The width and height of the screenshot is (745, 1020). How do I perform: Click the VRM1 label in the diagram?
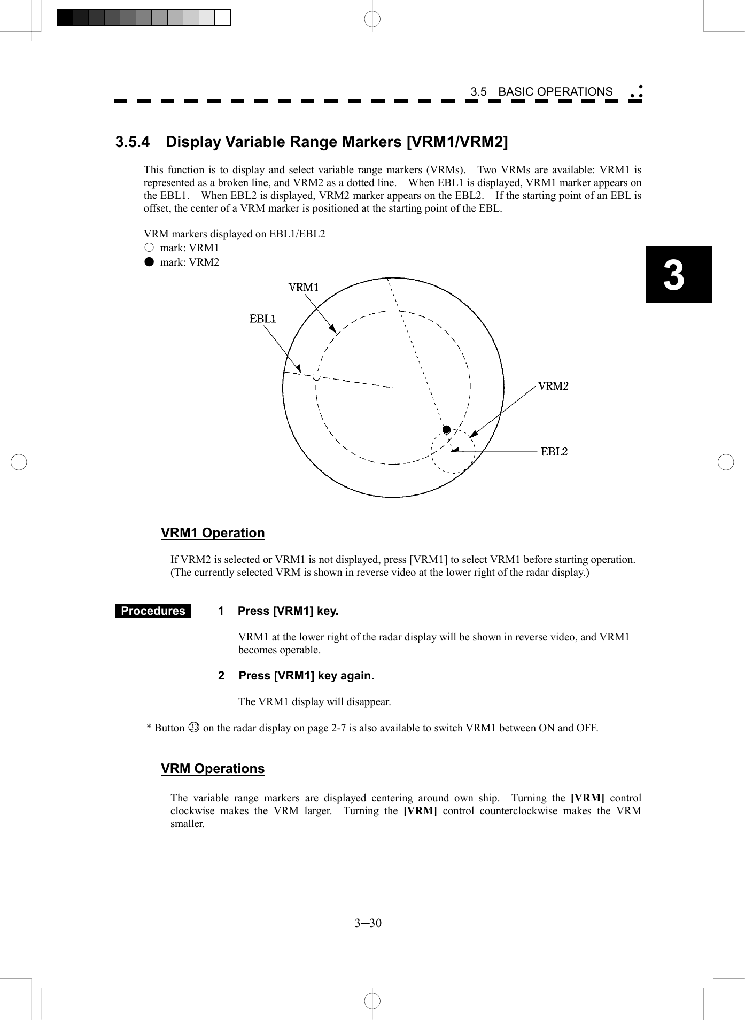click(304, 288)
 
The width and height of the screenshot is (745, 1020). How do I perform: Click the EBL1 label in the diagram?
click(262, 319)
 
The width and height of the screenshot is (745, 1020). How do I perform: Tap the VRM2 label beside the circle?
click(553, 386)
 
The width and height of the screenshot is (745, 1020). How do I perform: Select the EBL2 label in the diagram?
click(554, 452)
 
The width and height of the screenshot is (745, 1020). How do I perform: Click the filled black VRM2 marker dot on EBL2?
click(446, 430)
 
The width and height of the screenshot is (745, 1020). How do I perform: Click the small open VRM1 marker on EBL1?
click(316, 378)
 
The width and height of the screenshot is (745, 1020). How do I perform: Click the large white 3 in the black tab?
click(674, 275)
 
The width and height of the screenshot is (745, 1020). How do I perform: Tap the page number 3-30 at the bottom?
click(368, 923)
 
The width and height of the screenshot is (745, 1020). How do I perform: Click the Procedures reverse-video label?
click(153, 611)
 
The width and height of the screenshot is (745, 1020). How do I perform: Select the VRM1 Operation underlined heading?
click(213, 533)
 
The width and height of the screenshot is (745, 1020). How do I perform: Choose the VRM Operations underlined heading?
click(213, 769)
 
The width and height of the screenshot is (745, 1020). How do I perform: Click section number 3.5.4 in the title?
click(133, 142)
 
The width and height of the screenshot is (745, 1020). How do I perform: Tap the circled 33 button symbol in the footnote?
click(193, 728)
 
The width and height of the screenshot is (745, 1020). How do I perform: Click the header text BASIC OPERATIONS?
click(555, 92)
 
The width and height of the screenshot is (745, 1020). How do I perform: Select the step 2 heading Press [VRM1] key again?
click(306, 676)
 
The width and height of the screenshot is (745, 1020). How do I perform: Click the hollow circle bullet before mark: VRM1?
click(149, 248)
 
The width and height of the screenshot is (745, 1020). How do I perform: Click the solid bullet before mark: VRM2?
click(149, 262)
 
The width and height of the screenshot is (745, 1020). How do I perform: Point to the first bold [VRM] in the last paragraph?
click(587, 798)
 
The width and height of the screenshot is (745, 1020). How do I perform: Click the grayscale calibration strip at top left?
click(143, 18)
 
